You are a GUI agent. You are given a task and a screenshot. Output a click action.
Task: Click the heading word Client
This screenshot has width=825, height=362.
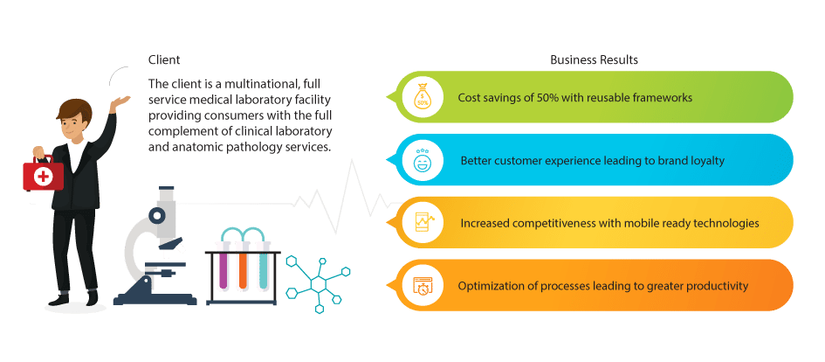(x=163, y=60)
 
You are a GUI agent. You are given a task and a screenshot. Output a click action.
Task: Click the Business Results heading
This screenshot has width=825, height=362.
(x=594, y=60)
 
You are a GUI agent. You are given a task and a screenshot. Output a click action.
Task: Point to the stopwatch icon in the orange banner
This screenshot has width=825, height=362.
(x=423, y=285)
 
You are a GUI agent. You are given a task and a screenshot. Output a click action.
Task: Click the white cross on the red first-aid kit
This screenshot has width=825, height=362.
(x=43, y=177)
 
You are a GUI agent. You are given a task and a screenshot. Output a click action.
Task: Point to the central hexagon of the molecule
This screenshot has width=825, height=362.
(x=319, y=284)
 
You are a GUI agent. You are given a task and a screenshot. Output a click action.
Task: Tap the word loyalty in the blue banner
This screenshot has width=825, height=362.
(x=705, y=161)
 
